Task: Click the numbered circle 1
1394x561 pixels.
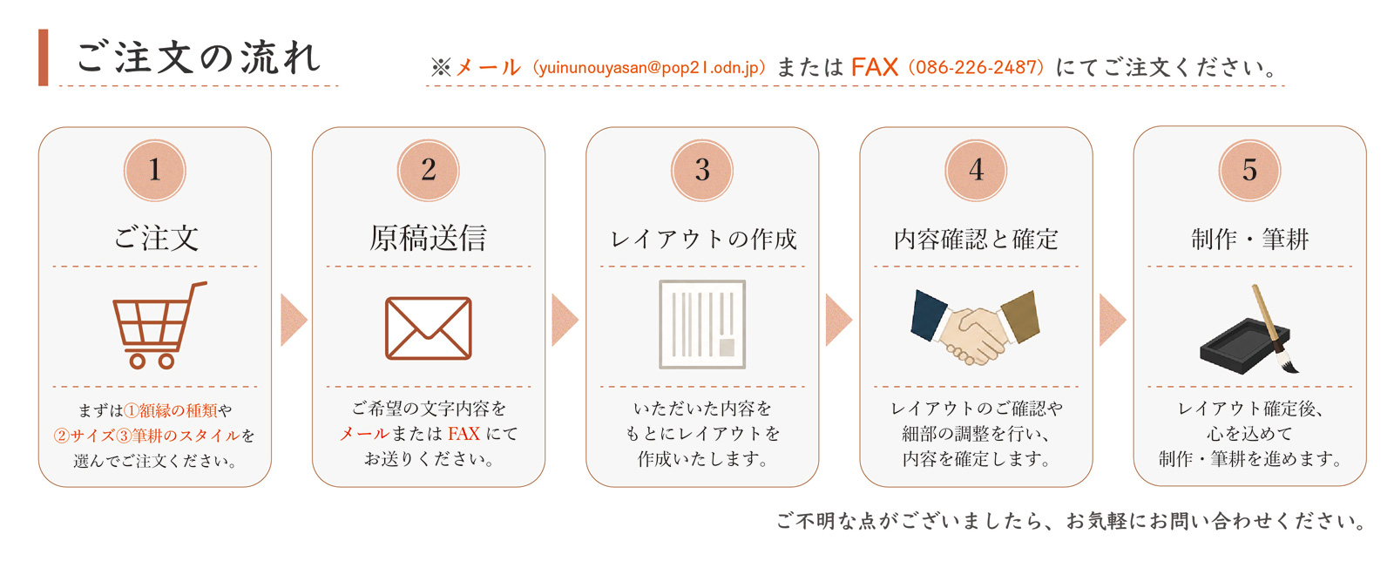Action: click(x=155, y=171)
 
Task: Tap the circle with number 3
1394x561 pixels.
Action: click(x=702, y=171)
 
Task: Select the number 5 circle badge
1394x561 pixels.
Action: click(x=1249, y=171)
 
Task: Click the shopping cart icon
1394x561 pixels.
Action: click(x=159, y=325)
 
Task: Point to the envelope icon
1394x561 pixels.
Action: click(x=428, y=328)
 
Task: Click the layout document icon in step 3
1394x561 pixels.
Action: click(x=702, y=325)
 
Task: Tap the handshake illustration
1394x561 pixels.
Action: click(x=975, y=328)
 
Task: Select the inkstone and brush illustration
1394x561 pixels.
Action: click(x=1249, y=329)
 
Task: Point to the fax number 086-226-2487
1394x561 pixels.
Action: click(x=976, y=67)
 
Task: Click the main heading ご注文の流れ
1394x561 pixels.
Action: click(x=198, y=57)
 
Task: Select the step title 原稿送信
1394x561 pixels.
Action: click(x=428, y=238)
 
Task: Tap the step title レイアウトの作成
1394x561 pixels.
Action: click(x=702, y=239)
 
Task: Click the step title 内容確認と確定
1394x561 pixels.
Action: click(x=976, y=239)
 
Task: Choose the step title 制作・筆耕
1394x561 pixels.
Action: click(x=1249, y=239)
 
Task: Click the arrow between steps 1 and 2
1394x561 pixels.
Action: click(x=293, y=320)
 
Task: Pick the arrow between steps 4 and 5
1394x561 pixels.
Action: click(x=1112, y=320)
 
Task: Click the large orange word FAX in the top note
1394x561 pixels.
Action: click(x=875, y=67)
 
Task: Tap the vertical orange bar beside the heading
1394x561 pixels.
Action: click(x=43, y=57)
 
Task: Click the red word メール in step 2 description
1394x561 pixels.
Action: click(x=364, y=434)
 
